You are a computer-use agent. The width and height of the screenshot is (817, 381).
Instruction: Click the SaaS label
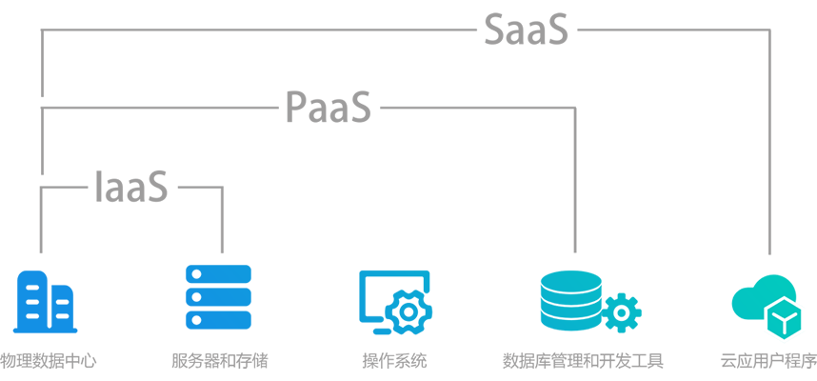(526, 30)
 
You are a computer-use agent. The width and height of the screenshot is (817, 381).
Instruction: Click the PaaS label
(329, 107)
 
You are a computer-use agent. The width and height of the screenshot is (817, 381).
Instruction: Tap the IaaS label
(131, 187)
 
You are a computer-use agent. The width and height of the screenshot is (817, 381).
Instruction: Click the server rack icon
(218, 297)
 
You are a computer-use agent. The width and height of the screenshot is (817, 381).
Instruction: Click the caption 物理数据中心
(48, 362)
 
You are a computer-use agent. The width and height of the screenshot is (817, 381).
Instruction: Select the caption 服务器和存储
(219, 362)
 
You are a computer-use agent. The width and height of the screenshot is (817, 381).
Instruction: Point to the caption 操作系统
(394, 362)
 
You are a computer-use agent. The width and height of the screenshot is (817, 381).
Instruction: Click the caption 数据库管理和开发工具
(583, 362)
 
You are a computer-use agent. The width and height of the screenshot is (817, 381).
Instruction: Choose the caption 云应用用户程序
(768, 362)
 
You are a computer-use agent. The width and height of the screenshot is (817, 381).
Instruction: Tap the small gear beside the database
(622, 311)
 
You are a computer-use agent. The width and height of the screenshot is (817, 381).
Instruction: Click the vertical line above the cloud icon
(769, 143)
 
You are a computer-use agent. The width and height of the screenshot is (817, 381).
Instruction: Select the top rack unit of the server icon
(218, 274)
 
